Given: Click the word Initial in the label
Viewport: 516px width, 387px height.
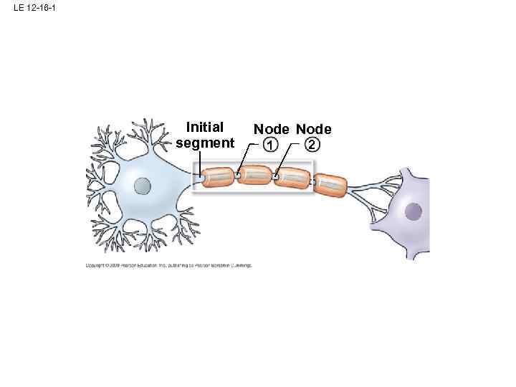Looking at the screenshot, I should point(205,128).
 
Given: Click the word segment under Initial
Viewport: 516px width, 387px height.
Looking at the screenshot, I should point(205,143).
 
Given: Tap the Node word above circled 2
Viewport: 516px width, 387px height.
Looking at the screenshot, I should point(314,130).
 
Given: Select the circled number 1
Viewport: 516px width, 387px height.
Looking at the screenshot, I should point(269,145).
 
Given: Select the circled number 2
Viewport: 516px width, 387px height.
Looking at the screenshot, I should point(311,145).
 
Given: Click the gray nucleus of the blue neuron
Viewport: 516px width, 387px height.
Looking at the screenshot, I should point(143,186).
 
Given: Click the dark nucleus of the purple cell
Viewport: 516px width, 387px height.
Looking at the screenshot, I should point(414,211).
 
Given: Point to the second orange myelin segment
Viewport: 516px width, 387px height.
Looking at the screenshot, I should point(254,175).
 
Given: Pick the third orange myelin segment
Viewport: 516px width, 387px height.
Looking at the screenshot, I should point(292,178).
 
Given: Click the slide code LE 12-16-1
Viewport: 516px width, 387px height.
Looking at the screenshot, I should point(34,9).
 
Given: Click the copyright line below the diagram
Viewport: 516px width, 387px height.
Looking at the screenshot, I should point(168,265).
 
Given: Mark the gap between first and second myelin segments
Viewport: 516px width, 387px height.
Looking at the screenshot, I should point(237,175).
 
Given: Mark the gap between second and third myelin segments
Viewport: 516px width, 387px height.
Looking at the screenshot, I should point(274,176).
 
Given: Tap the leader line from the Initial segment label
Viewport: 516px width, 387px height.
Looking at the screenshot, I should point(200,161).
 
